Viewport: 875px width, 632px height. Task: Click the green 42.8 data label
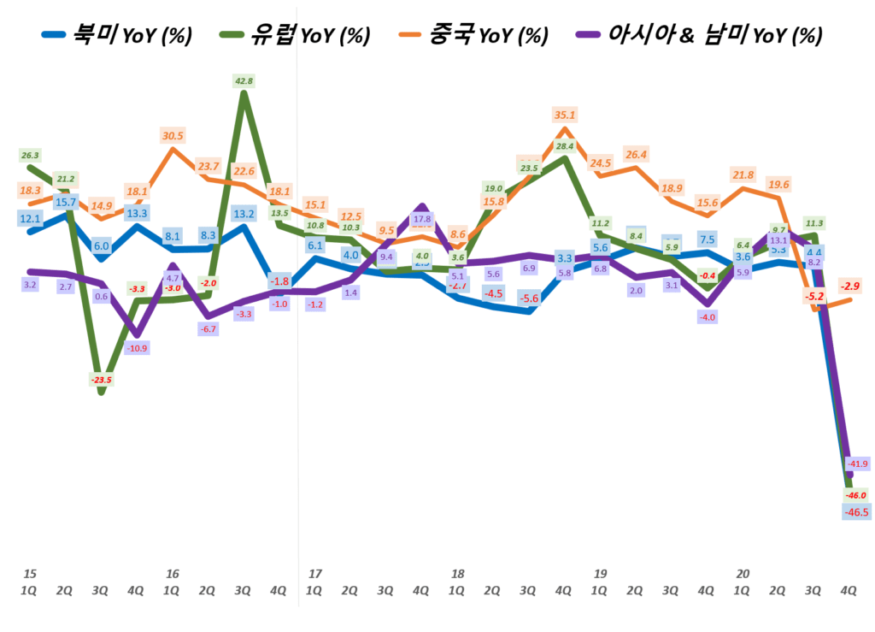coord(244,80)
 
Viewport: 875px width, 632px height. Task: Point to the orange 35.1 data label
coord(565,114)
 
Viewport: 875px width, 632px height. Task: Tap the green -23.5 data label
coord(102,380)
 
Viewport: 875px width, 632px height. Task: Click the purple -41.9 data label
coord(858,463)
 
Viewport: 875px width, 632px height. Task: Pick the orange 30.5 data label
coord(173,135)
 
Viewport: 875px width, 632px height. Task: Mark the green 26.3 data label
coord(29,155)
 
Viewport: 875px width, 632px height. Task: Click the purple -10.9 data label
coord(137,348)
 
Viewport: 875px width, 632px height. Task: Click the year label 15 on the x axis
coord(29,573)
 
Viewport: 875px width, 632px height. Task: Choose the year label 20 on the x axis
coord(743,573)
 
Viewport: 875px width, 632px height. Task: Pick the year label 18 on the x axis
coord(457,573)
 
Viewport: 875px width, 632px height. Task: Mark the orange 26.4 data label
coord(636,155)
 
